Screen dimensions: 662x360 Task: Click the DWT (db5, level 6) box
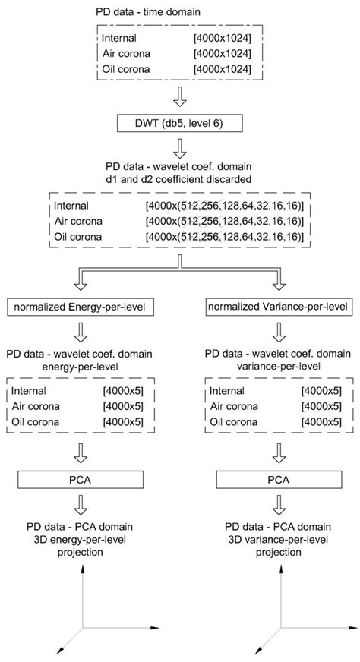[x=179, y=123]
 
